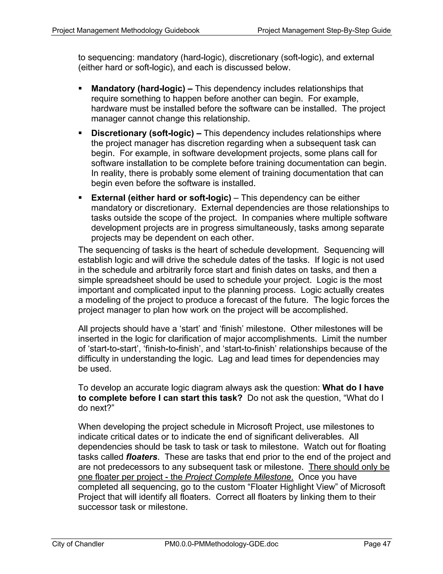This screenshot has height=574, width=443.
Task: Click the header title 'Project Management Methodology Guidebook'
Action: click(x=126, y=31)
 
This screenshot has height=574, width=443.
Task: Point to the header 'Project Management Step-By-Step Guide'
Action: click(x=324, y=31)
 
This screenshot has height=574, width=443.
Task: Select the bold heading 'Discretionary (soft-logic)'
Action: click(x=143, y=133)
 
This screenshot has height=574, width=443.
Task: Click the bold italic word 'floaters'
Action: click(x=141, y=457)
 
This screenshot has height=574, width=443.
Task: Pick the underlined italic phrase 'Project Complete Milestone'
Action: click(x=238, y=477)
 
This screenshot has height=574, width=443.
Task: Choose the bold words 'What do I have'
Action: click(x=353, y=388)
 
